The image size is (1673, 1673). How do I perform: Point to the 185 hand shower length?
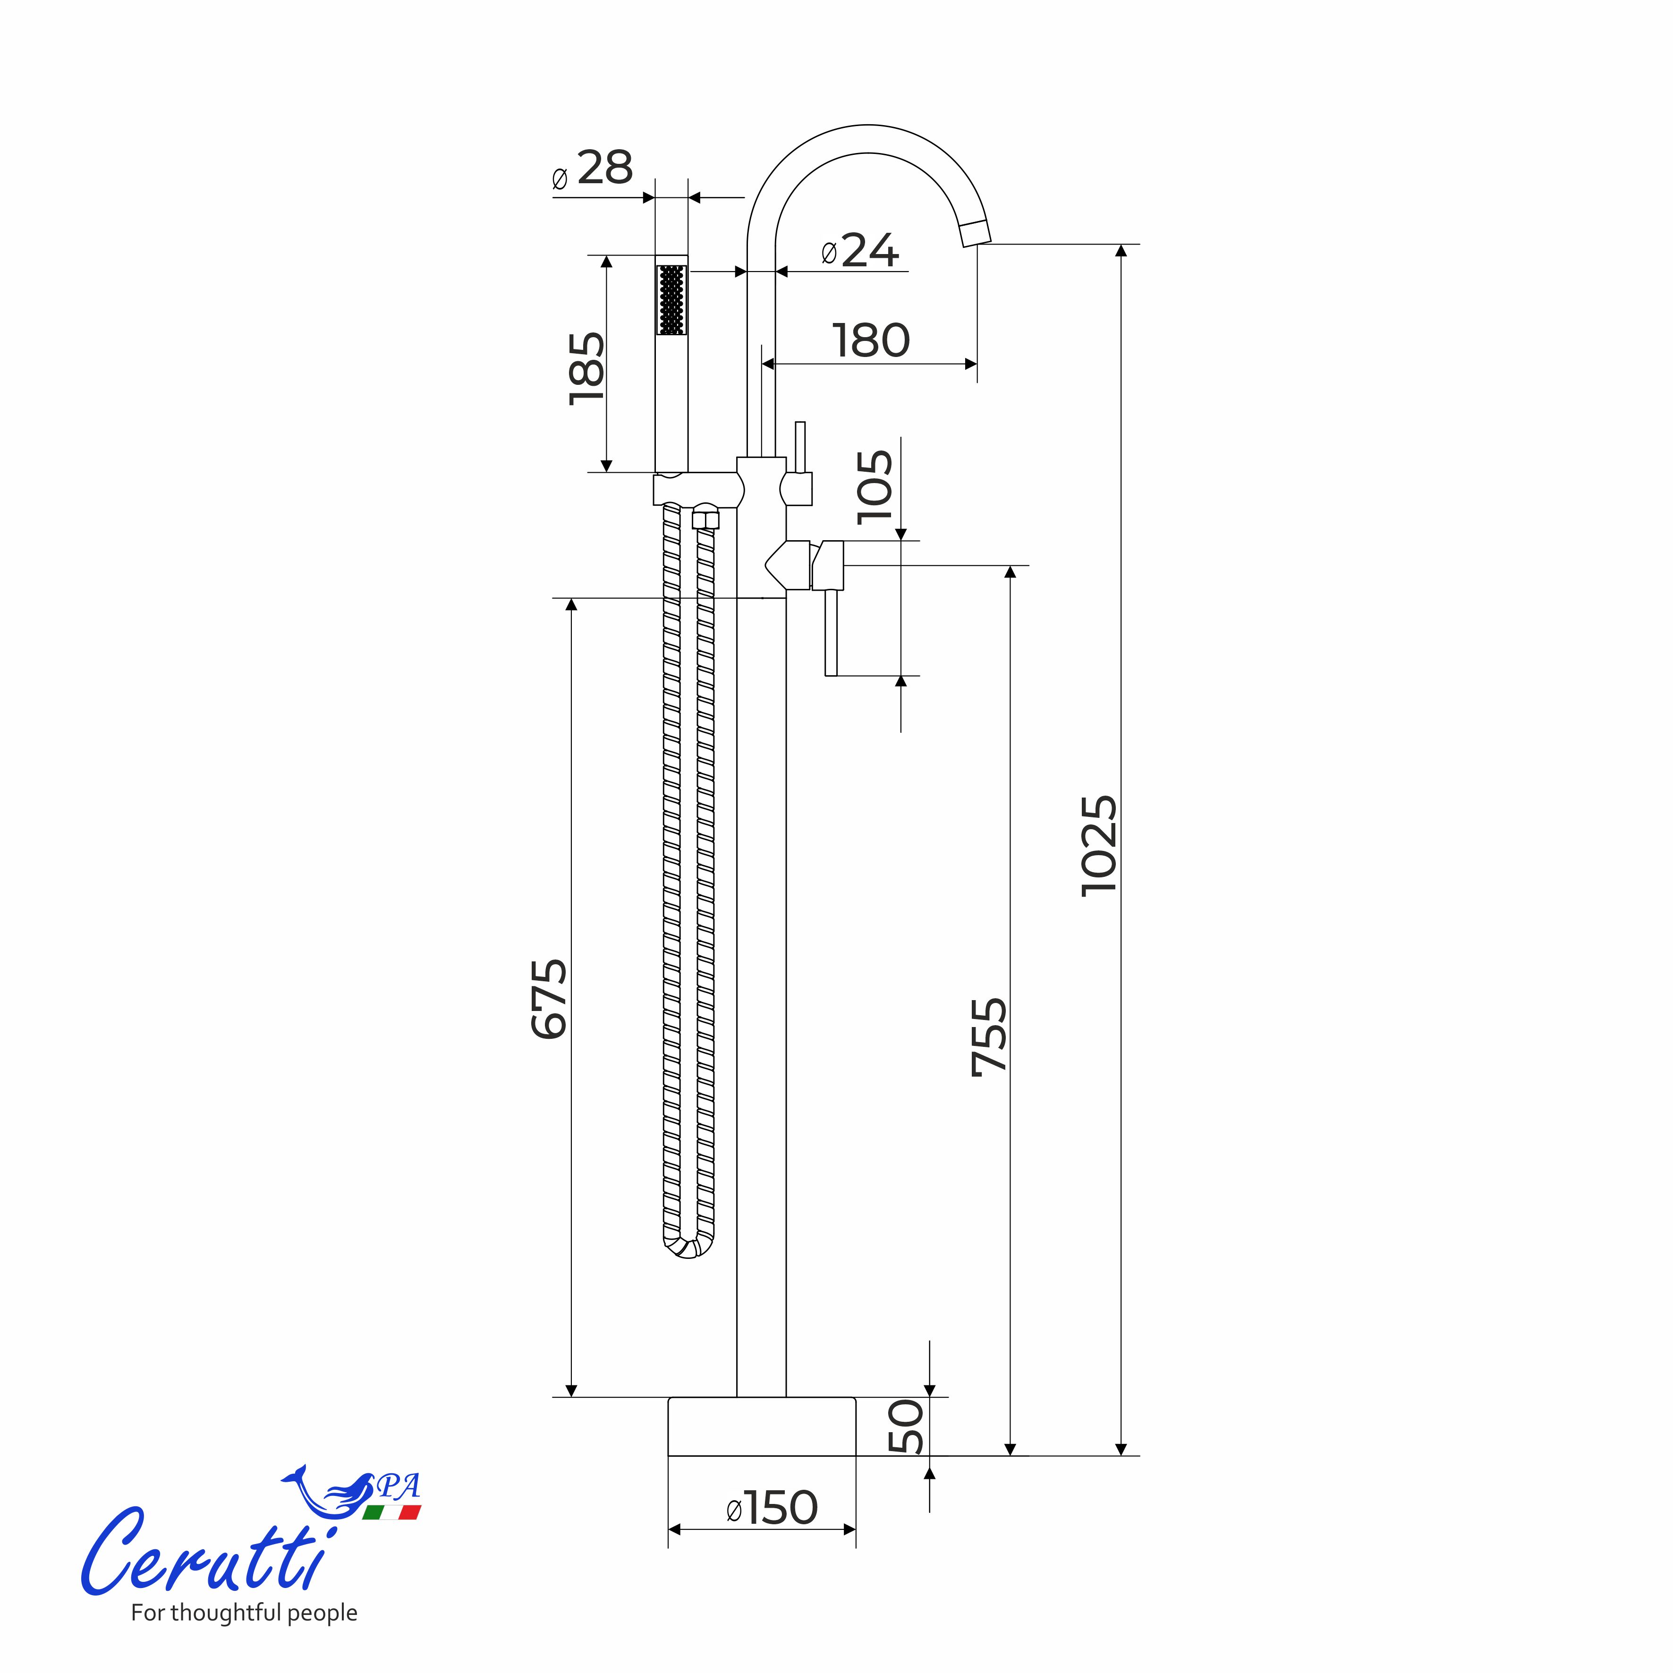point(587,367)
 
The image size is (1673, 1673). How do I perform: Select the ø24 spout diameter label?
point(860,251)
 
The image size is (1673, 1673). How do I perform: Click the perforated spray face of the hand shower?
point(672,300)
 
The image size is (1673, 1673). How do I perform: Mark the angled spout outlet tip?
point(976,233)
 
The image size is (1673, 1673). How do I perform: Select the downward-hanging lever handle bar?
point(831,632)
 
